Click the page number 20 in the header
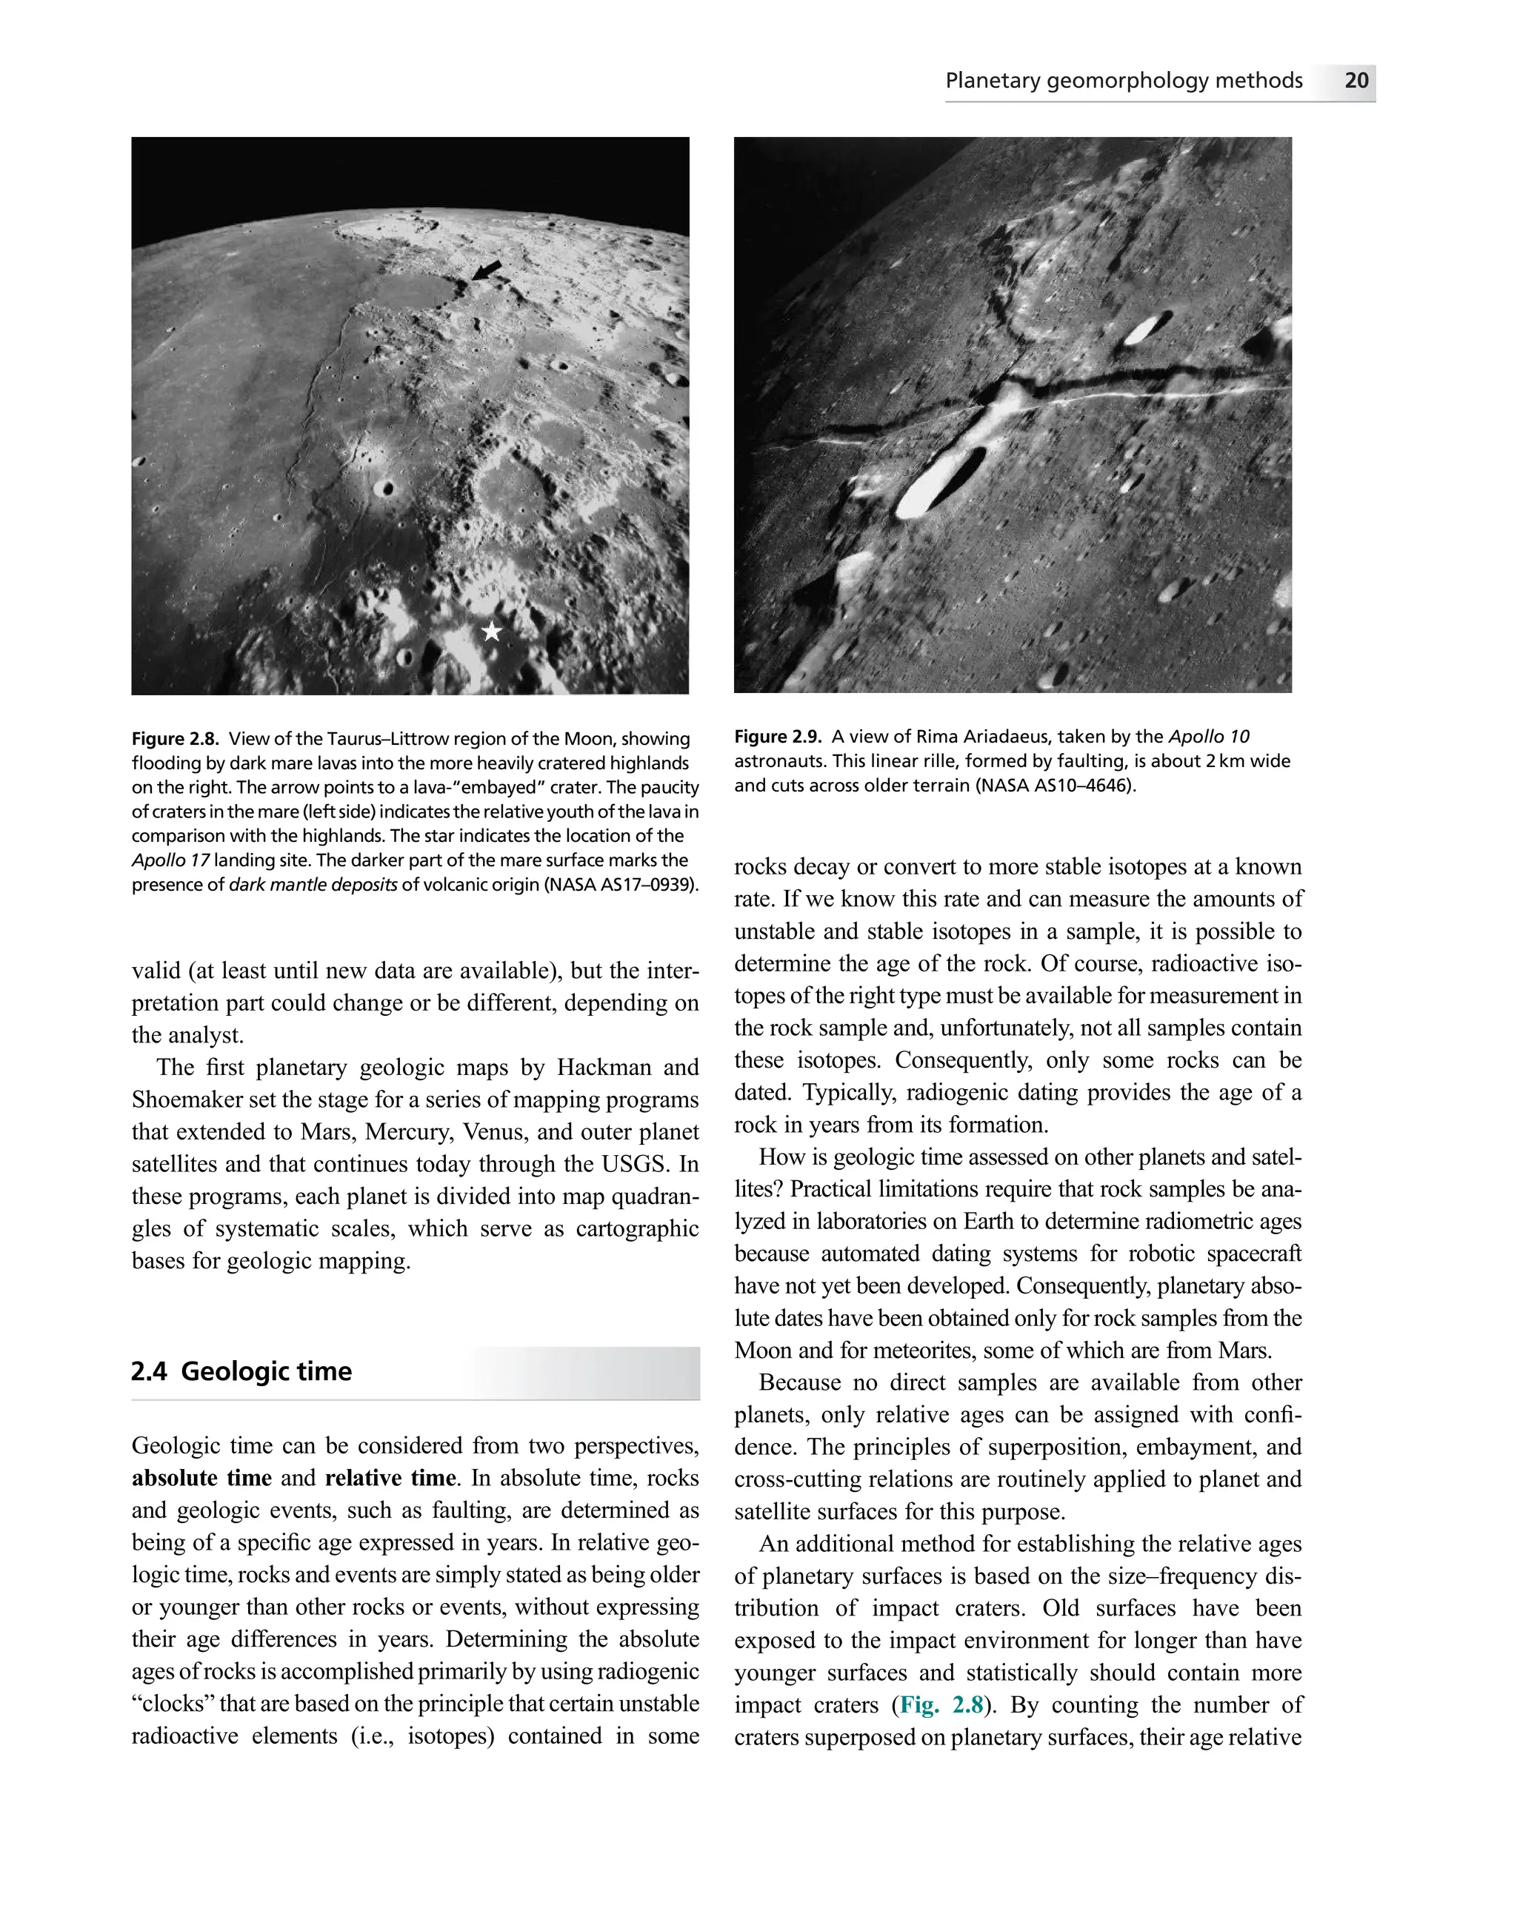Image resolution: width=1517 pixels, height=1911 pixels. pos(1356,81)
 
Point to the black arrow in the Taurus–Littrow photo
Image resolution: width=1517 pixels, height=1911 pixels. pos(485,270)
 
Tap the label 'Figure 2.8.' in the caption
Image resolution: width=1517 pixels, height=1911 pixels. pos(175,738)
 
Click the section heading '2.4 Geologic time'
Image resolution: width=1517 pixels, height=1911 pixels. pos(241,1371)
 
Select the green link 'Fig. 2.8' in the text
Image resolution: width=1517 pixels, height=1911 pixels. pos(941,1704)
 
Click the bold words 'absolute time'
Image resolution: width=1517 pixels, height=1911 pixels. pos(201,1478)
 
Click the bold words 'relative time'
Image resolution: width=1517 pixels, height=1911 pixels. pos(390,1478)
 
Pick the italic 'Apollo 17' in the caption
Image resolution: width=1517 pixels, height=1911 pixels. pos(170,860)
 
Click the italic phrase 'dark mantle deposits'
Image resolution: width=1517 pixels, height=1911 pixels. pos(313,885)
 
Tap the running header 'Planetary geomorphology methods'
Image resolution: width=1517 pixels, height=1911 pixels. pos(1124,81)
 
